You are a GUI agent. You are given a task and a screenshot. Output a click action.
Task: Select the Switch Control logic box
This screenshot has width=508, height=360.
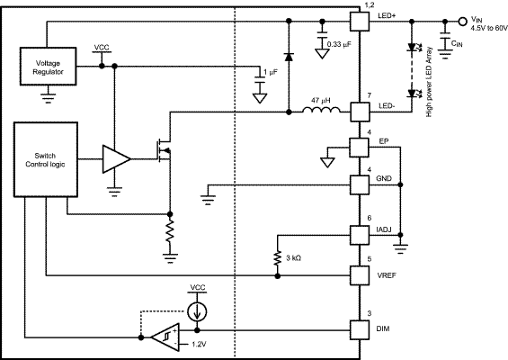point(46,159)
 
